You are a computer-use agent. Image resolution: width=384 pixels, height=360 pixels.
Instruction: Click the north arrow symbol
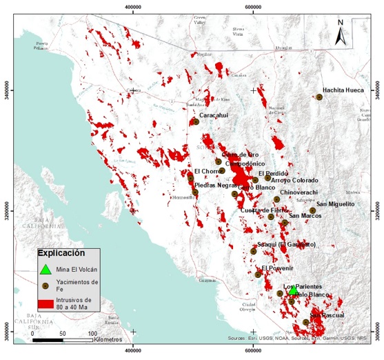(x=339, y=32)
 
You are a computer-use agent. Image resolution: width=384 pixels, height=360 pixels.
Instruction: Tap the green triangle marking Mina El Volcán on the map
(x=294, y=291)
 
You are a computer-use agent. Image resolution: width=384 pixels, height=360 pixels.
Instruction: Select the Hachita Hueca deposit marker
(x=319, y=97)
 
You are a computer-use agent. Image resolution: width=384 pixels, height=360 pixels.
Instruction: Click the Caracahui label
(x=213, y=115)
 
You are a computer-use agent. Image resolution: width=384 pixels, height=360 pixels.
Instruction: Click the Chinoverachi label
(x=299, y=192)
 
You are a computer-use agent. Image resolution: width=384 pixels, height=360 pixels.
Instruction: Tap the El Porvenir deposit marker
(x=258, y=274)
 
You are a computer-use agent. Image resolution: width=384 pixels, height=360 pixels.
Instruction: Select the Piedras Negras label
(x=216, y=185)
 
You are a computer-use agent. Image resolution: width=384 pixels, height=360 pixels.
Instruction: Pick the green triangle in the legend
(x=45, y=270)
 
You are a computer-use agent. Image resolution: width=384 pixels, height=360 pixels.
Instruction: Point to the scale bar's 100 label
(x=92, y=334)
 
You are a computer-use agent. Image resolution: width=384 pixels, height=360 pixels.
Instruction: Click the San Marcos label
(x=305, y=216)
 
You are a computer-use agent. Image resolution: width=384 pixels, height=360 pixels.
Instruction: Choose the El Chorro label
(x=206, y=171)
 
